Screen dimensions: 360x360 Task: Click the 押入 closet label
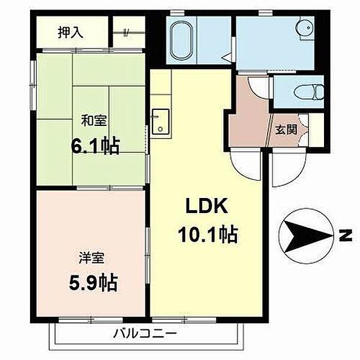(x=70, y=32)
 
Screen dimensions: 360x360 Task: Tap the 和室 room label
(x=94, y=121)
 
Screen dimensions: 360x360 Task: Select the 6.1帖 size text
(x=95, y=146)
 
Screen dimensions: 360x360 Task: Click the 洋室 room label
(x=91, y=257)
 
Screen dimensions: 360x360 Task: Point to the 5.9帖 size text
(x=94, y=283)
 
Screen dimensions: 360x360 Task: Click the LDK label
(x=206, y=206)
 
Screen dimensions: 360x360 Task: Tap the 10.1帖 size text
(x=208, y=235)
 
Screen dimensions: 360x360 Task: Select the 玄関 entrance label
(x=286, y=130)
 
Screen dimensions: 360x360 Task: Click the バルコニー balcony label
(x=145, y=334)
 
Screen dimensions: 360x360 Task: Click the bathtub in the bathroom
(x=182, y=40)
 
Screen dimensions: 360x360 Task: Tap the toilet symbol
(x=309, y=92)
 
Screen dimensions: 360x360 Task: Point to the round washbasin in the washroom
(x=305, y=28)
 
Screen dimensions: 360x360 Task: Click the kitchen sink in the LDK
(x=160, y=122)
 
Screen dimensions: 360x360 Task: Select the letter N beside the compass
(x=346, y=235)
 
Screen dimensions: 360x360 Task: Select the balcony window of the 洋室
(x=91, y=319)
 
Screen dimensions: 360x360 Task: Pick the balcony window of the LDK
(x=184, y=319)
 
